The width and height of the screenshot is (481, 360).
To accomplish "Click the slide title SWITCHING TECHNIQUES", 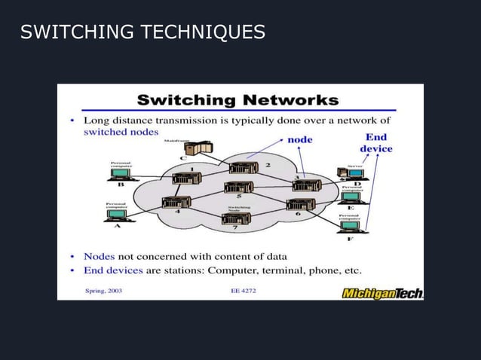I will pyautogui.click(x=142, y=32).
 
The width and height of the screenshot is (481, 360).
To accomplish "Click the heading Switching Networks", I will pyautogui.click(x=237, y=99).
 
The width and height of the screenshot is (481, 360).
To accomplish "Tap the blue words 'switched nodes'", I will pyautogui.click(x=121, y=131).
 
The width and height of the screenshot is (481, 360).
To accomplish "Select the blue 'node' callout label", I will pyautogui.click(x=299, y=139).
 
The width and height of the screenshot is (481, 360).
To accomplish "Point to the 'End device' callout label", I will pyautogui.click(x=375, y=143).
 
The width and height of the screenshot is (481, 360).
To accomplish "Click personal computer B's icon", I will pyautogui.click(x=121, y=174).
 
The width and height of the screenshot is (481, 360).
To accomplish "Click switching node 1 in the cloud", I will pyautogui.click(x=185, y=178).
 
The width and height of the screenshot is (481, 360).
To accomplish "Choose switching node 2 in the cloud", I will pyautogui.click(x=243, y=168).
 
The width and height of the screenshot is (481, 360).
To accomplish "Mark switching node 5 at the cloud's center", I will pyautogui.click(x=238, y=187).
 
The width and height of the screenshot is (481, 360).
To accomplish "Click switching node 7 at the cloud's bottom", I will pyautogui.click(x=236, y=219).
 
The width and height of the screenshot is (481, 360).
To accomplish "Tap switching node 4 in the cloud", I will pyautogui.click(x=176, y=203).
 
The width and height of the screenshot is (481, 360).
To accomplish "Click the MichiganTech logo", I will pyautogui.click(x=382, y=292).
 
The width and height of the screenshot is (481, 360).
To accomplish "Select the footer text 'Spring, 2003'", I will pyautogui.click(x=102, y=290).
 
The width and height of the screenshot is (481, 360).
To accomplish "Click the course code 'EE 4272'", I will pyautogui.click(x=243, y=290).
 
